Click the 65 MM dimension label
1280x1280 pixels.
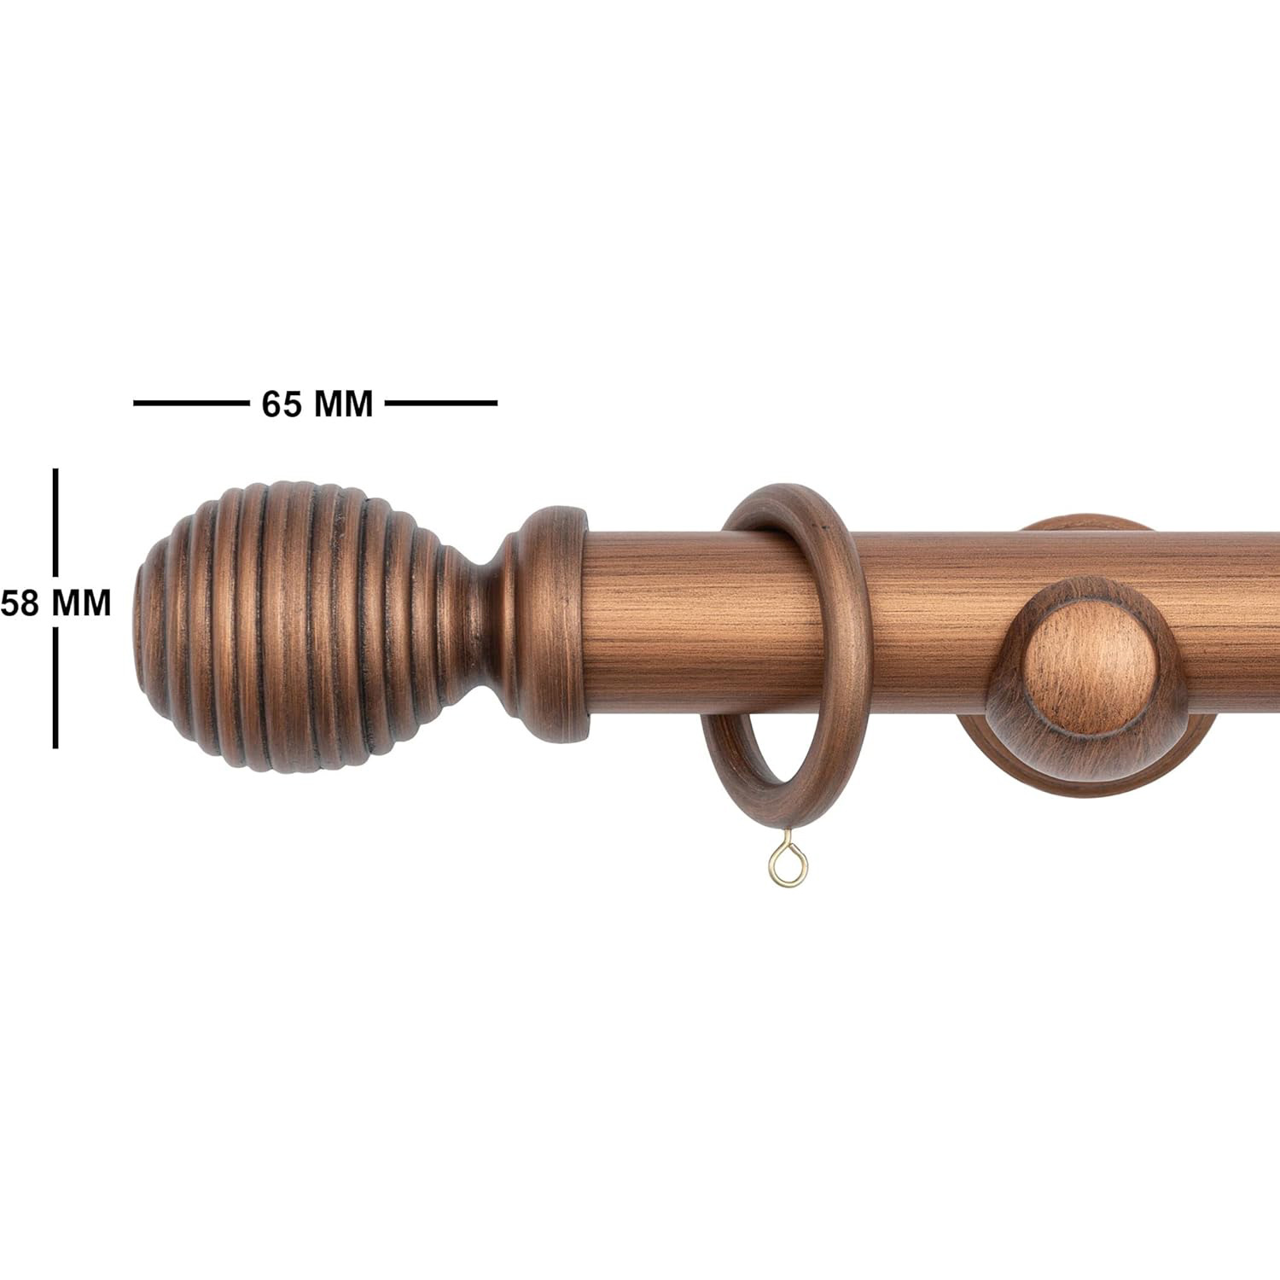(317, 404)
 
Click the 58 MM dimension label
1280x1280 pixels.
(55, 603)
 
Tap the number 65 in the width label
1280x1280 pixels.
(282, 404)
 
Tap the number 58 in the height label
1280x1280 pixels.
(20, 603)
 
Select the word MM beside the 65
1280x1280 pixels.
(344, 404)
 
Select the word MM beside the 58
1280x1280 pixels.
(82, 603)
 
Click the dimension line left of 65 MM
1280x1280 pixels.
(189, 403)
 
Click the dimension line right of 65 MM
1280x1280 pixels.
(441, 403)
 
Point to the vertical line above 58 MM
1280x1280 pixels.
(56, 522)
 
